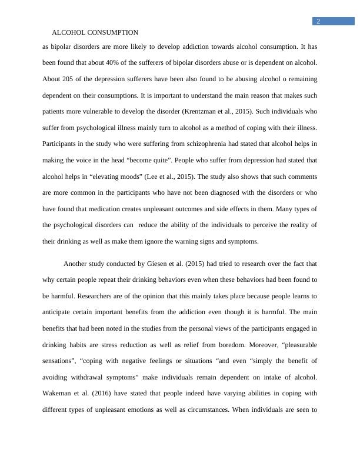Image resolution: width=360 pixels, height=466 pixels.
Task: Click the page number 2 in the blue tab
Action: point(318,22)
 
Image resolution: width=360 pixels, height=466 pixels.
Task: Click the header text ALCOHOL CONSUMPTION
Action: point(95,32)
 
